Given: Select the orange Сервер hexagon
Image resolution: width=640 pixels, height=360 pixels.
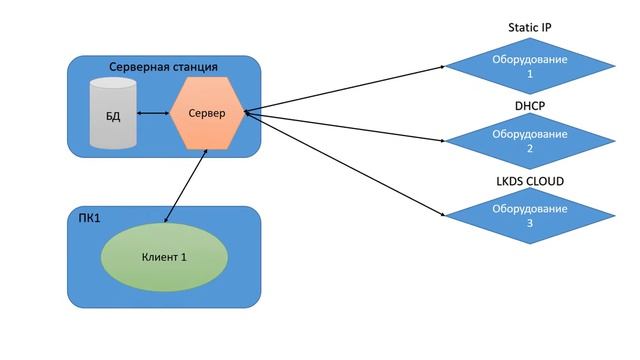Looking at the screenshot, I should [x=206, y=113].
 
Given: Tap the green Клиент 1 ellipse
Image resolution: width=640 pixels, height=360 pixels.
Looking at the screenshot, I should [x=164, y=257].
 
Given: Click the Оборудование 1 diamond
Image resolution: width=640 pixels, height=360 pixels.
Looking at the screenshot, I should [x=530, y=66].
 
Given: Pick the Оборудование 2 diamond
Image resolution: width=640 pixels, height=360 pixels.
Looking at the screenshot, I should [x=530, y=141].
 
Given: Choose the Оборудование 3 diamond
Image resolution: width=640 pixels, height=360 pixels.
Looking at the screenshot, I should [x=530, y=216].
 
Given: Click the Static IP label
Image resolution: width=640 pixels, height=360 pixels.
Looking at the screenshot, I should [x=530, y=28].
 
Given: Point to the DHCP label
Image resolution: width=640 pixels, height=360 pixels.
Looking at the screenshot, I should [x=530, y=103].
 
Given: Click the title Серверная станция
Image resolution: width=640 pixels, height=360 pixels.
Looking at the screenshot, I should [x=163, y=67].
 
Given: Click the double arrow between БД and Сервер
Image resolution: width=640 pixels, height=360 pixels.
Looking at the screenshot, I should [x=153, y=113].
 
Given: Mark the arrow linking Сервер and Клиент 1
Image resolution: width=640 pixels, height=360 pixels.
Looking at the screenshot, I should [x=186, y=182].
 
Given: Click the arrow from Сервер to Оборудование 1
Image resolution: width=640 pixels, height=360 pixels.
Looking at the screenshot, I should [x=345, y=89].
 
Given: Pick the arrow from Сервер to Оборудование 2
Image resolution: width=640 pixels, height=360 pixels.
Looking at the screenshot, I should [x=345, y=126].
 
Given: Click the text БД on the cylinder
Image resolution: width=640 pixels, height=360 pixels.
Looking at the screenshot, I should [x=112, y=116].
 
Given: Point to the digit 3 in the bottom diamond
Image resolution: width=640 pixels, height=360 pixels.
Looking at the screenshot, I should [x=530, y=224].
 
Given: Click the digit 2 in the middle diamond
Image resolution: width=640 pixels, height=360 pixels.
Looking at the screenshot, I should [x=530, y=149].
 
